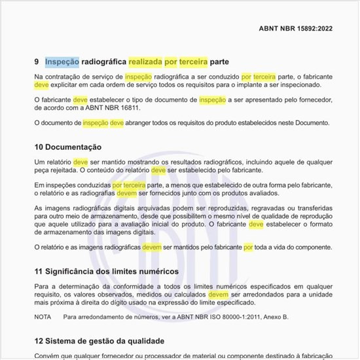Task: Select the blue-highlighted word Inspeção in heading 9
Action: [x=62, y=62]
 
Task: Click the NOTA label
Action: [x=43, y=317]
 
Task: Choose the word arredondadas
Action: [x=280, y=295]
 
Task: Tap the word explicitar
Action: [x=69, y=85]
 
